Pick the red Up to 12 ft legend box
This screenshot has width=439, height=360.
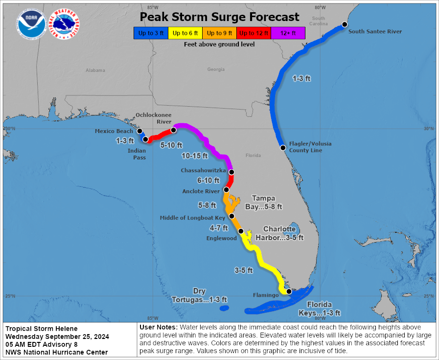click(x=254, y=33)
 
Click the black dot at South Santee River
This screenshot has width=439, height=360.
click(x=344, y=24)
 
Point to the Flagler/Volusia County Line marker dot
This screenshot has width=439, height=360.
click(x=283, y=147)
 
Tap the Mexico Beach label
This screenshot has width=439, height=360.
click(x=114, y=131)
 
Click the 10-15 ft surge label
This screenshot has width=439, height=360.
click(x=195, y=156)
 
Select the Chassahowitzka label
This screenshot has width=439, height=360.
click(x=203, y=170)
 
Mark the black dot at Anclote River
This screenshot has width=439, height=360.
click(x=226, y=190)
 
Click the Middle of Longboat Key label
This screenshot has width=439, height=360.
click(x=192, y=218)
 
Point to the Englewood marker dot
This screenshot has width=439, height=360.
click(x=240, y=231)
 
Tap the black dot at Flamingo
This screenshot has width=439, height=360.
click(x=289, y=292)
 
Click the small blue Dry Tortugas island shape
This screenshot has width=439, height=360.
click(x=224, y=308)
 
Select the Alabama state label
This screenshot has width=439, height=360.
click(x=95, y=70)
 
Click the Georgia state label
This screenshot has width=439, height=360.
click(x=216, y=69)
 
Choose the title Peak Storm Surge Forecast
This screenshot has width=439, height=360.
click(x=219, y=17)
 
